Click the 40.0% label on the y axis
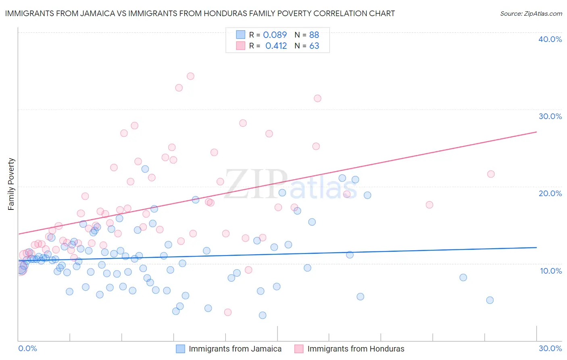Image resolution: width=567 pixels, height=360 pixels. [x=550, y=39]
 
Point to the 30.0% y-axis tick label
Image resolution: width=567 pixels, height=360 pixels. [x=550, y=116]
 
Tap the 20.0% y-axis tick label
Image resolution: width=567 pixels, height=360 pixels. [x=550, y=193]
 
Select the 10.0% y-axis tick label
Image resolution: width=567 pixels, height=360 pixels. [x=551, y=271]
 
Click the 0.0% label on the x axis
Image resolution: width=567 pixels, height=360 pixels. [x=27, y=348]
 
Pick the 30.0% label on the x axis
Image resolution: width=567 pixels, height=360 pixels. [x=550, y=348]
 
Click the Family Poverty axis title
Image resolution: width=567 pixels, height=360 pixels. [x=11, y=184]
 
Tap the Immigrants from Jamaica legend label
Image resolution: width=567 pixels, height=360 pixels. [x=235, y=349]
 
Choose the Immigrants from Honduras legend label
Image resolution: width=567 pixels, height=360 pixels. [x=356, y=349]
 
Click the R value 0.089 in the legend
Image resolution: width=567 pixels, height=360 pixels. [x=275, y=35]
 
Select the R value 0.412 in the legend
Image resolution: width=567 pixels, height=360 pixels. [x=276, y=46]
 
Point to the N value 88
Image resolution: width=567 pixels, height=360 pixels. [x=314, y=35]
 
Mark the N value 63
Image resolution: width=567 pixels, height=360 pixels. [x=314, y=46]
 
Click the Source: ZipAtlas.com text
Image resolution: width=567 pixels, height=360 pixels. [x=531, y=14]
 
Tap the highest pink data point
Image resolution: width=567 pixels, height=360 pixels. [x=190, y=76]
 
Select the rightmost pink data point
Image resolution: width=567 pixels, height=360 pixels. [x=491, y=174]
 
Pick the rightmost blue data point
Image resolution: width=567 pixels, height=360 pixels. [x=490, y=300]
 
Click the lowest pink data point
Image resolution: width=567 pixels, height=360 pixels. [x=228, y=312]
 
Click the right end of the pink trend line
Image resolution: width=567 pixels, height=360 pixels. [x=536, y=132]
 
